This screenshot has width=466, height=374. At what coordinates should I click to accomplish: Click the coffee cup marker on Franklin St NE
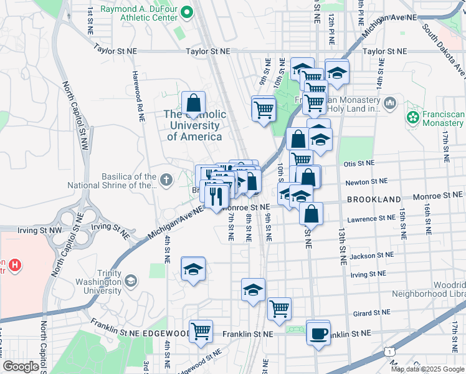tap(318, 333)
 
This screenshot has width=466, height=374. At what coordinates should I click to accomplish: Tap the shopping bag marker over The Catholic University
tap(194, 103)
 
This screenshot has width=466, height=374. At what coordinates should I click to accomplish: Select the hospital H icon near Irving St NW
tap(14, 266)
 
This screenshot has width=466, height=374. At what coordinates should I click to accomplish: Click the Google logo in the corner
tap(21, 367)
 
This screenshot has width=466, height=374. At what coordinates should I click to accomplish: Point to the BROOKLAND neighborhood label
tap(374, 199)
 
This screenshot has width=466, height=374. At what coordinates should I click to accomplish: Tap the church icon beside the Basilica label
tap(165, 180)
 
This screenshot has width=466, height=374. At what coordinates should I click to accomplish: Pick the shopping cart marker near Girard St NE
tap(280, 309)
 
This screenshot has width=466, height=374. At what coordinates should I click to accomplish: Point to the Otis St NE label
tap(359, 163)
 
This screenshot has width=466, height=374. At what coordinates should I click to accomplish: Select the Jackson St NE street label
tap(372, 256)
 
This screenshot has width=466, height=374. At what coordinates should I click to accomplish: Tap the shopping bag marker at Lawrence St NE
tap(311, 214)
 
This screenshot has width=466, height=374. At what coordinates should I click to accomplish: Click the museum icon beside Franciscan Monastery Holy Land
tap(390, 102)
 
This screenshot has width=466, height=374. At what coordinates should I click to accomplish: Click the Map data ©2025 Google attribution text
tap(428, 369)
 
